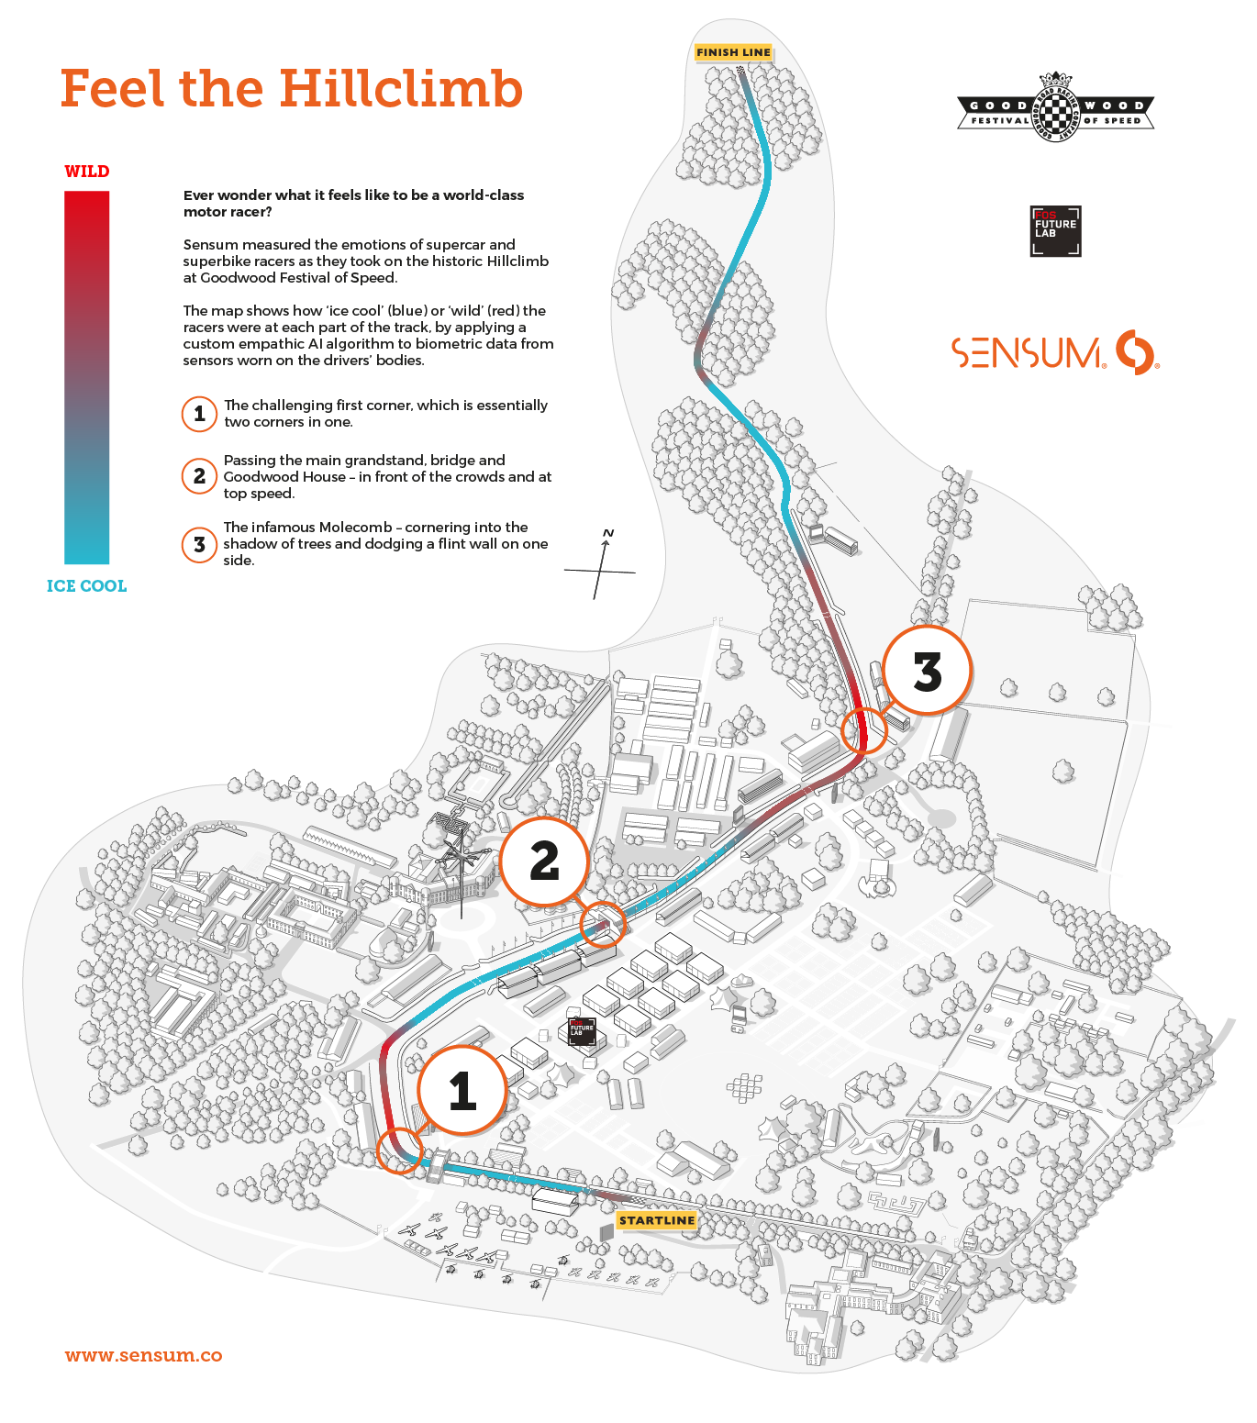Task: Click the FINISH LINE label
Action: (733, 52)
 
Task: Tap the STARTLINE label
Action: (657, 1220)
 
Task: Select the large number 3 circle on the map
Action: (927, 671)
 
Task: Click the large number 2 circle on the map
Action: (544, 862)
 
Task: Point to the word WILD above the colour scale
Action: (87, 172)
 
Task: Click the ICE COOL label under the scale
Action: (87, 586)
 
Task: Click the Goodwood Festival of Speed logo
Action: (1056, 106)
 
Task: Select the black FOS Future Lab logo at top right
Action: (1055, 230)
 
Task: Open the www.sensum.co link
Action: (144, 1355)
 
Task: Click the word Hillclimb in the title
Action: (401, 89)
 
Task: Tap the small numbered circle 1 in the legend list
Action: (199, 414)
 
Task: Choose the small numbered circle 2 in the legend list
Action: (199, 476)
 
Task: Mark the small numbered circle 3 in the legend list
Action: (199, 545)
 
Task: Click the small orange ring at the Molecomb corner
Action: (864, 730)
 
